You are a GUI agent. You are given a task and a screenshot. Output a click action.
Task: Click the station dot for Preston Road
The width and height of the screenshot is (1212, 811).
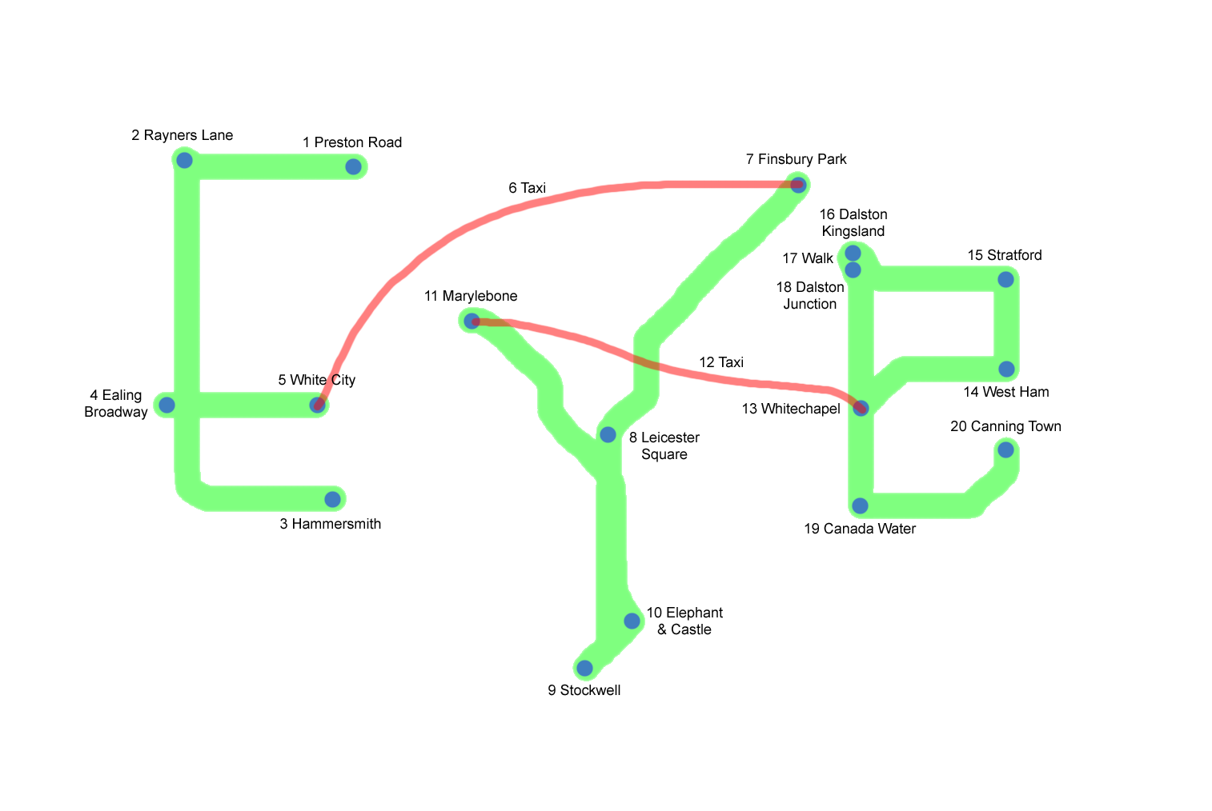tap(353, 166)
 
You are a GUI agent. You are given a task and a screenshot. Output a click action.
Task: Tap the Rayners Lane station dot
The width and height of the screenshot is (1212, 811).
tap(184, 160)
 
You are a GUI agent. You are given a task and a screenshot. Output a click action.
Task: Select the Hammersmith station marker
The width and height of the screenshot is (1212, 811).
tap(333, 499)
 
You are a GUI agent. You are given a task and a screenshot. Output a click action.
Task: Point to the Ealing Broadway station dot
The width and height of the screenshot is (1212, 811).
tap(167, 405)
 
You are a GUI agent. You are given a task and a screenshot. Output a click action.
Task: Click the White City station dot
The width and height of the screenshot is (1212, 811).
tap(318, 405)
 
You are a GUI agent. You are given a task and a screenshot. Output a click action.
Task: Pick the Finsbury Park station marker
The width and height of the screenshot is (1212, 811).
tap(798, 185)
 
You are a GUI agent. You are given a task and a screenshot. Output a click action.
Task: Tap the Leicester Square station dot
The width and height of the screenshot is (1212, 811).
tap(608, 435)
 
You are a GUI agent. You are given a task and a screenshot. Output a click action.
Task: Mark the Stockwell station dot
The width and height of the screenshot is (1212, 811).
tap(584, 668)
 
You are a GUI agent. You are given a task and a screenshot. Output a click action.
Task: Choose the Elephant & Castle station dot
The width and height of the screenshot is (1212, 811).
tap(632, 621)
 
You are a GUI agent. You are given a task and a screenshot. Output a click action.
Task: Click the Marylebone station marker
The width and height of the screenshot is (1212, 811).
tap(472, 321)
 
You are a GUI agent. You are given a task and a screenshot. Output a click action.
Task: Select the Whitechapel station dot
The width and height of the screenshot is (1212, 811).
tap(861, 409)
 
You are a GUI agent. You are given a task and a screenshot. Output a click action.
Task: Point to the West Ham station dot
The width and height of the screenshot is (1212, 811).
tap(1006, 370)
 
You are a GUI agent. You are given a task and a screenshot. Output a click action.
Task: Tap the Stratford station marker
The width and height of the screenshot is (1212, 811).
tap(1005, 279)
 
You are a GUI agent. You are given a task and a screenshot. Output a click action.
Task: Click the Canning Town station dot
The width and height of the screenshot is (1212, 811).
tap(1005, 450)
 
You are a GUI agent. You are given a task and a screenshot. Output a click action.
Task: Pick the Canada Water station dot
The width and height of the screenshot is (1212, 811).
tap(860, 505)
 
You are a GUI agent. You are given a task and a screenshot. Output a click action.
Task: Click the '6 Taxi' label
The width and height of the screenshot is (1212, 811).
tap(527, 188)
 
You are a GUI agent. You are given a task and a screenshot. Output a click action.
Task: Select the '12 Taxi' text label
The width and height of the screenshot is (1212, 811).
tap(721, 362)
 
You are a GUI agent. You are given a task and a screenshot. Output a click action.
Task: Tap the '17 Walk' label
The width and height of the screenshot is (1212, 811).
tap(808, 258)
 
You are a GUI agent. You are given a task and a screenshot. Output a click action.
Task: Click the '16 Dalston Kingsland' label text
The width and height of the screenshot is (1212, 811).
tap(853, 223)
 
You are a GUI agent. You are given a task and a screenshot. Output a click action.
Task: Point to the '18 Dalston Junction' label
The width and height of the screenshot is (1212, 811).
tap(810, 296)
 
